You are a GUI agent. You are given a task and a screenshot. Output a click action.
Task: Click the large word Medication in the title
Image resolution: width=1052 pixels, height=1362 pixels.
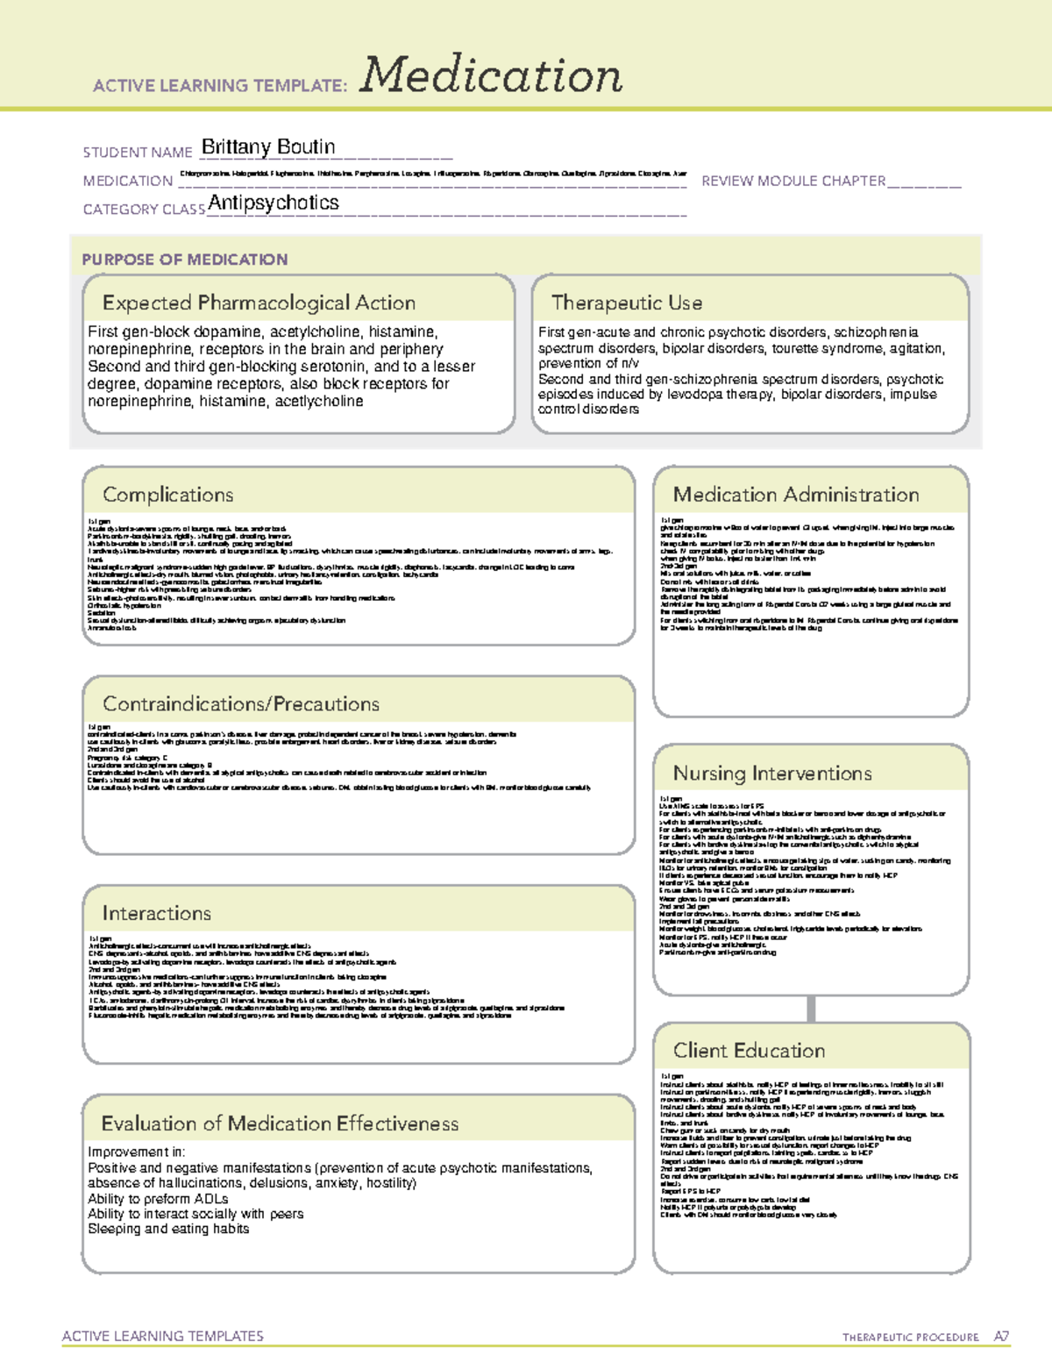tap(491, 75)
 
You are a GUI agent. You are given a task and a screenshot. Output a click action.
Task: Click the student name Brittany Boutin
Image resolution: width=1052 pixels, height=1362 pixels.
tap(268, 147)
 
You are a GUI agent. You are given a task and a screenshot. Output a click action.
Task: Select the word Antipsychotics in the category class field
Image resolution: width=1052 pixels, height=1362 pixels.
tap(274, 203)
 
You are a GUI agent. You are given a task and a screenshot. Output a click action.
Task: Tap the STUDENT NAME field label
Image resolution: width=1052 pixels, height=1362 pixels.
tap(138, 153)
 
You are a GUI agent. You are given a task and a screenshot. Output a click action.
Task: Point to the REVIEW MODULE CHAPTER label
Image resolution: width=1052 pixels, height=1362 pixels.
tap(793, 182)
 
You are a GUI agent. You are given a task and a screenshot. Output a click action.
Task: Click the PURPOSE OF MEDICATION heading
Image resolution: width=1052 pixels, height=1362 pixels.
tap(185, 260)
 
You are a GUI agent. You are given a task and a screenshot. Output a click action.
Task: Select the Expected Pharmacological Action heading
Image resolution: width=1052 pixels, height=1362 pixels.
tap(259, 303)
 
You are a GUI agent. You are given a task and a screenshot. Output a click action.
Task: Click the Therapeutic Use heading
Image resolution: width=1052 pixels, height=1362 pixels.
tap(627, 303)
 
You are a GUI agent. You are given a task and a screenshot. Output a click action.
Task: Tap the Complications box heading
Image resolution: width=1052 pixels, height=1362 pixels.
tap(168, 495)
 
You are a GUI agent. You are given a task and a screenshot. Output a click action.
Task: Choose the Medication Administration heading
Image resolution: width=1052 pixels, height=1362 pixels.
tap(796, 495)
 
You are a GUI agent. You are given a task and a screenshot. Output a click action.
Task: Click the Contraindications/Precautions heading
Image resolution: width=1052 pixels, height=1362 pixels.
tap(241, 704)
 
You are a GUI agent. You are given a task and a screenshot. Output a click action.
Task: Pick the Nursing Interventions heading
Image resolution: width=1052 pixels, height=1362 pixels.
tap(772, 774)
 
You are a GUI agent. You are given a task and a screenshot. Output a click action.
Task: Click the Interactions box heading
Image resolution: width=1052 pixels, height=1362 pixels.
tap(157, 914)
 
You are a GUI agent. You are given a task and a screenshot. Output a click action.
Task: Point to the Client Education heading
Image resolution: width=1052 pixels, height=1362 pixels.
tap(749, 1051)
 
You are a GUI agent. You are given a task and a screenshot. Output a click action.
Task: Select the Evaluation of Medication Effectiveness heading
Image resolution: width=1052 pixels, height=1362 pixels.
tap(280, 1124)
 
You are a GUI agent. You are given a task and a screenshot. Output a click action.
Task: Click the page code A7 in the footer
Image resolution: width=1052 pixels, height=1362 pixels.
tap(1001, 1337)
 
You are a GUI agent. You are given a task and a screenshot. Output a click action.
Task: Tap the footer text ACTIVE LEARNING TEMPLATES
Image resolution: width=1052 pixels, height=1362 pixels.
tap(163, 1336)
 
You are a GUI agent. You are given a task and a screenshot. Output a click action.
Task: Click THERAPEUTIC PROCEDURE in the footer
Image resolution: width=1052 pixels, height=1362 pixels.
tap(910, 1337)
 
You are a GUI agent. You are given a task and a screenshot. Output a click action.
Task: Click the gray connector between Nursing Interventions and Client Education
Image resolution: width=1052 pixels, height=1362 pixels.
tap(811, 1009)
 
